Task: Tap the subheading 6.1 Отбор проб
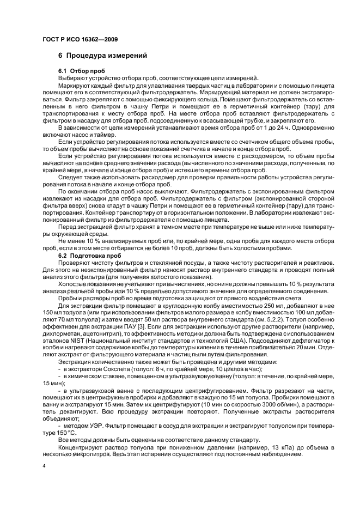tap(82, 71)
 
